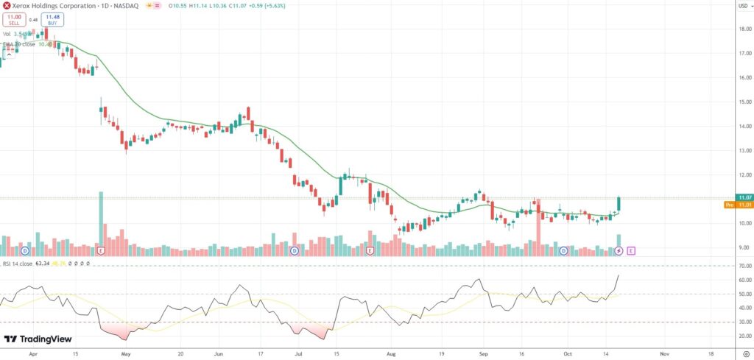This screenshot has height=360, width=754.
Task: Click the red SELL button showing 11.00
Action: click(13, 20)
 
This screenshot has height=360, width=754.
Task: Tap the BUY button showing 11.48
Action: click(52, 20)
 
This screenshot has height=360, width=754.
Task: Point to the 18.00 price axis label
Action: click(744, 29)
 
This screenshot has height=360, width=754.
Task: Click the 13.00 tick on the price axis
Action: click(744, 151)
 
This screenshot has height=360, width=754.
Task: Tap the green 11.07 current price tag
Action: click(744, 197)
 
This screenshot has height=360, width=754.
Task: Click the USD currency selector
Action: click(743, 6)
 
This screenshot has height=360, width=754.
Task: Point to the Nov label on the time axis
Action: click(664, 353)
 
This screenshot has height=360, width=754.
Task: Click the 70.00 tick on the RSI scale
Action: click(744, 266)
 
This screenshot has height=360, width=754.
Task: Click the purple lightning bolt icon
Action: click(619, 251)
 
